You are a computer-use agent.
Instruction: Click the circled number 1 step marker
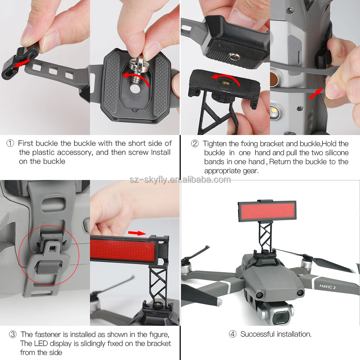[10, 143]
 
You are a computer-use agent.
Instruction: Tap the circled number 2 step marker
[195, 144]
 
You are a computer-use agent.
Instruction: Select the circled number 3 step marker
[13, 334]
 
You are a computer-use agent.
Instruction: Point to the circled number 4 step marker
[233, 334]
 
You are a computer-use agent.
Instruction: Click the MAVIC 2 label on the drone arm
[327, 287]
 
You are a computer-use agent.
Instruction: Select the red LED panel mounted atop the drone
[267, 211]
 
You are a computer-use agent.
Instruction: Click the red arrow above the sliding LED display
[137, 233]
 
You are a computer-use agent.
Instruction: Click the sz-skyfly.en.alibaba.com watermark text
[180, 180]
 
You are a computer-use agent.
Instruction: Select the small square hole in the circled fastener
[53, 248]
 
